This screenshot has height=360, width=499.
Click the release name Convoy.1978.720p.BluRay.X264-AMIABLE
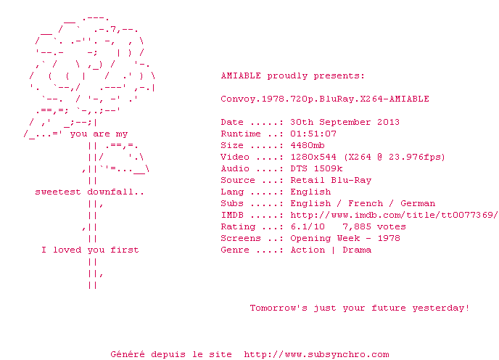click(x=325, y=99)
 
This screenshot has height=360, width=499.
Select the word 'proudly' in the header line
click(x=287, y=76)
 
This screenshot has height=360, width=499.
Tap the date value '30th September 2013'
click(x=345, y=122)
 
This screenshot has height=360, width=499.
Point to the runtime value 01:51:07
click(x=313, y=134)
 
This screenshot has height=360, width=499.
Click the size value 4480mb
click(x=308, y=145)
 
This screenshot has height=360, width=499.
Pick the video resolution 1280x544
click(x=313, y=157)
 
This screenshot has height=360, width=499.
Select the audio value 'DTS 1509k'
click(x=316, y=168)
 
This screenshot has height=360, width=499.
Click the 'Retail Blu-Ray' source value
click(x=331, y=180)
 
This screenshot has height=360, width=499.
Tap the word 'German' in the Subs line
click(x=418, y=203)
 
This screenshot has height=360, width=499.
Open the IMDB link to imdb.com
click(x=394, y=215)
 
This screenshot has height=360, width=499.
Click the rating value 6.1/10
click(x=308, y=226)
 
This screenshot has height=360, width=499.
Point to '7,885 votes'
click(x=374, y=226)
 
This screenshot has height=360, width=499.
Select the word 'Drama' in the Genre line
click(x=357, y=250)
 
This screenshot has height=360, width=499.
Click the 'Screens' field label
click(x=241, y=238)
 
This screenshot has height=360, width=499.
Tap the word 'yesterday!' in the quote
click(x=441, y=308)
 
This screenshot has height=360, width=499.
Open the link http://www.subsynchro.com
click(x=316, y=354)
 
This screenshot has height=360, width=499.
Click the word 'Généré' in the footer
click(x=128, y=354)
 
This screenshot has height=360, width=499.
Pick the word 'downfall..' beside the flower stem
click(x=115, y=192)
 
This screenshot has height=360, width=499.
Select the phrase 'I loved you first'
click(x=90, y=250)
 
